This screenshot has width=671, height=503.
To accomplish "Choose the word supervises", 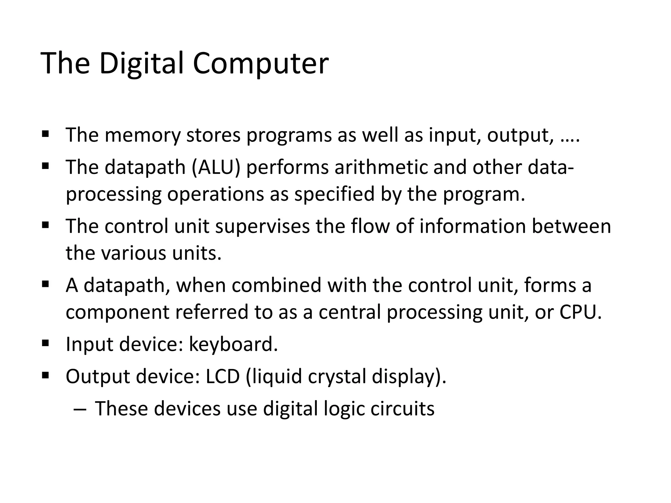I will click(x=262, y=226).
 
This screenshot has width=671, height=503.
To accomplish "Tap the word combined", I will click(x=277, y=285).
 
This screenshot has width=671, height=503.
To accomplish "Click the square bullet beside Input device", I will click(x=45, y=343).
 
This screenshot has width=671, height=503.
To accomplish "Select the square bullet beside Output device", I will click(x=45, y=375).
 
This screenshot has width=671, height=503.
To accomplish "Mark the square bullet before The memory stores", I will click(x=45, y=134).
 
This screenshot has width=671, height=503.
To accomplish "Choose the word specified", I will click(x=334, y=194).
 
